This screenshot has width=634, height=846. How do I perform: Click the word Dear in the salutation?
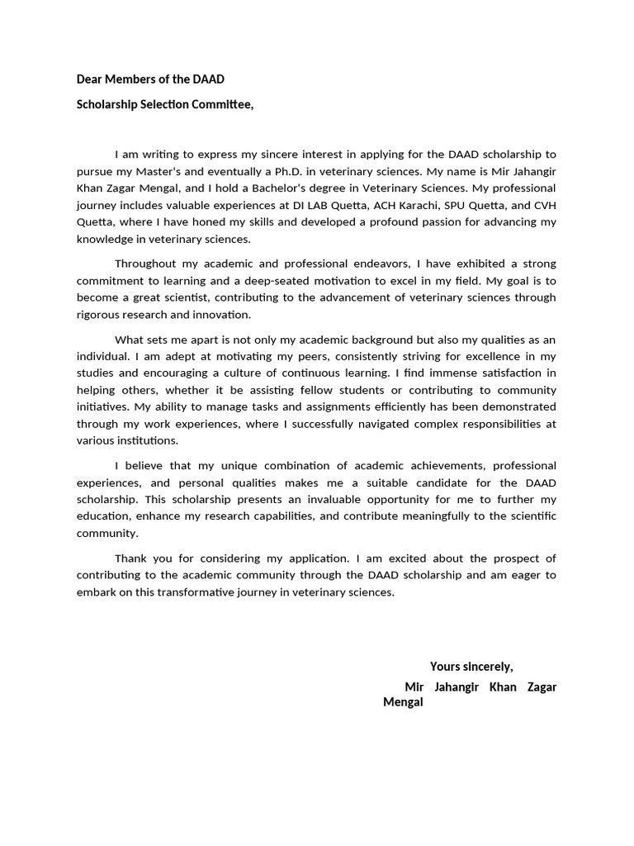tap(90, 79)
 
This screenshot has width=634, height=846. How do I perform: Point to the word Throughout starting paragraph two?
tap(145, 264)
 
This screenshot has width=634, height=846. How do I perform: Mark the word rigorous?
tap(100, 315)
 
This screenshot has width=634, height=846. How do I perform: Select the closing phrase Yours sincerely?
tap(471, 667)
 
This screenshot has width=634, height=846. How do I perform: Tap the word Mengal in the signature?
tap(404, 702)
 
